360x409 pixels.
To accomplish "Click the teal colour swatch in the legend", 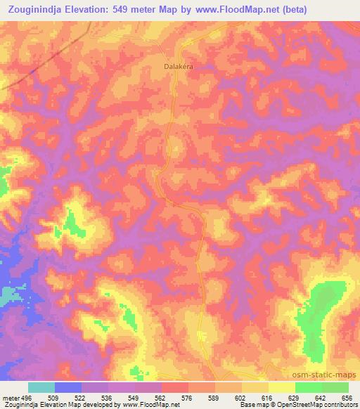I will pyautogui.click(x=41, y=388).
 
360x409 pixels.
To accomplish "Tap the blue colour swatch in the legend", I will pyautogui.click(x=68, y=388).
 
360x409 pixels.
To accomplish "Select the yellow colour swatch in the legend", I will pyautogui.click(x=281, y=388).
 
